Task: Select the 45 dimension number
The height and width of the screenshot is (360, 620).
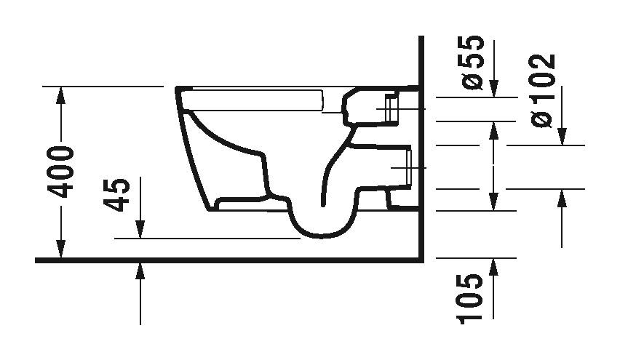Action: (x=118, y=194)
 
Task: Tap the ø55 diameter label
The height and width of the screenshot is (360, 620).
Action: (x=472, y=61)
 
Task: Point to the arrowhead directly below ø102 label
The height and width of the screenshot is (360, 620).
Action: (x=562, y=137)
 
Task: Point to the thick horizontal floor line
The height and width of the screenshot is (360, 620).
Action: (x=218, y=260)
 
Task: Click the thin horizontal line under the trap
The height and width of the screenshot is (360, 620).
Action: (x=211, y=238)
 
